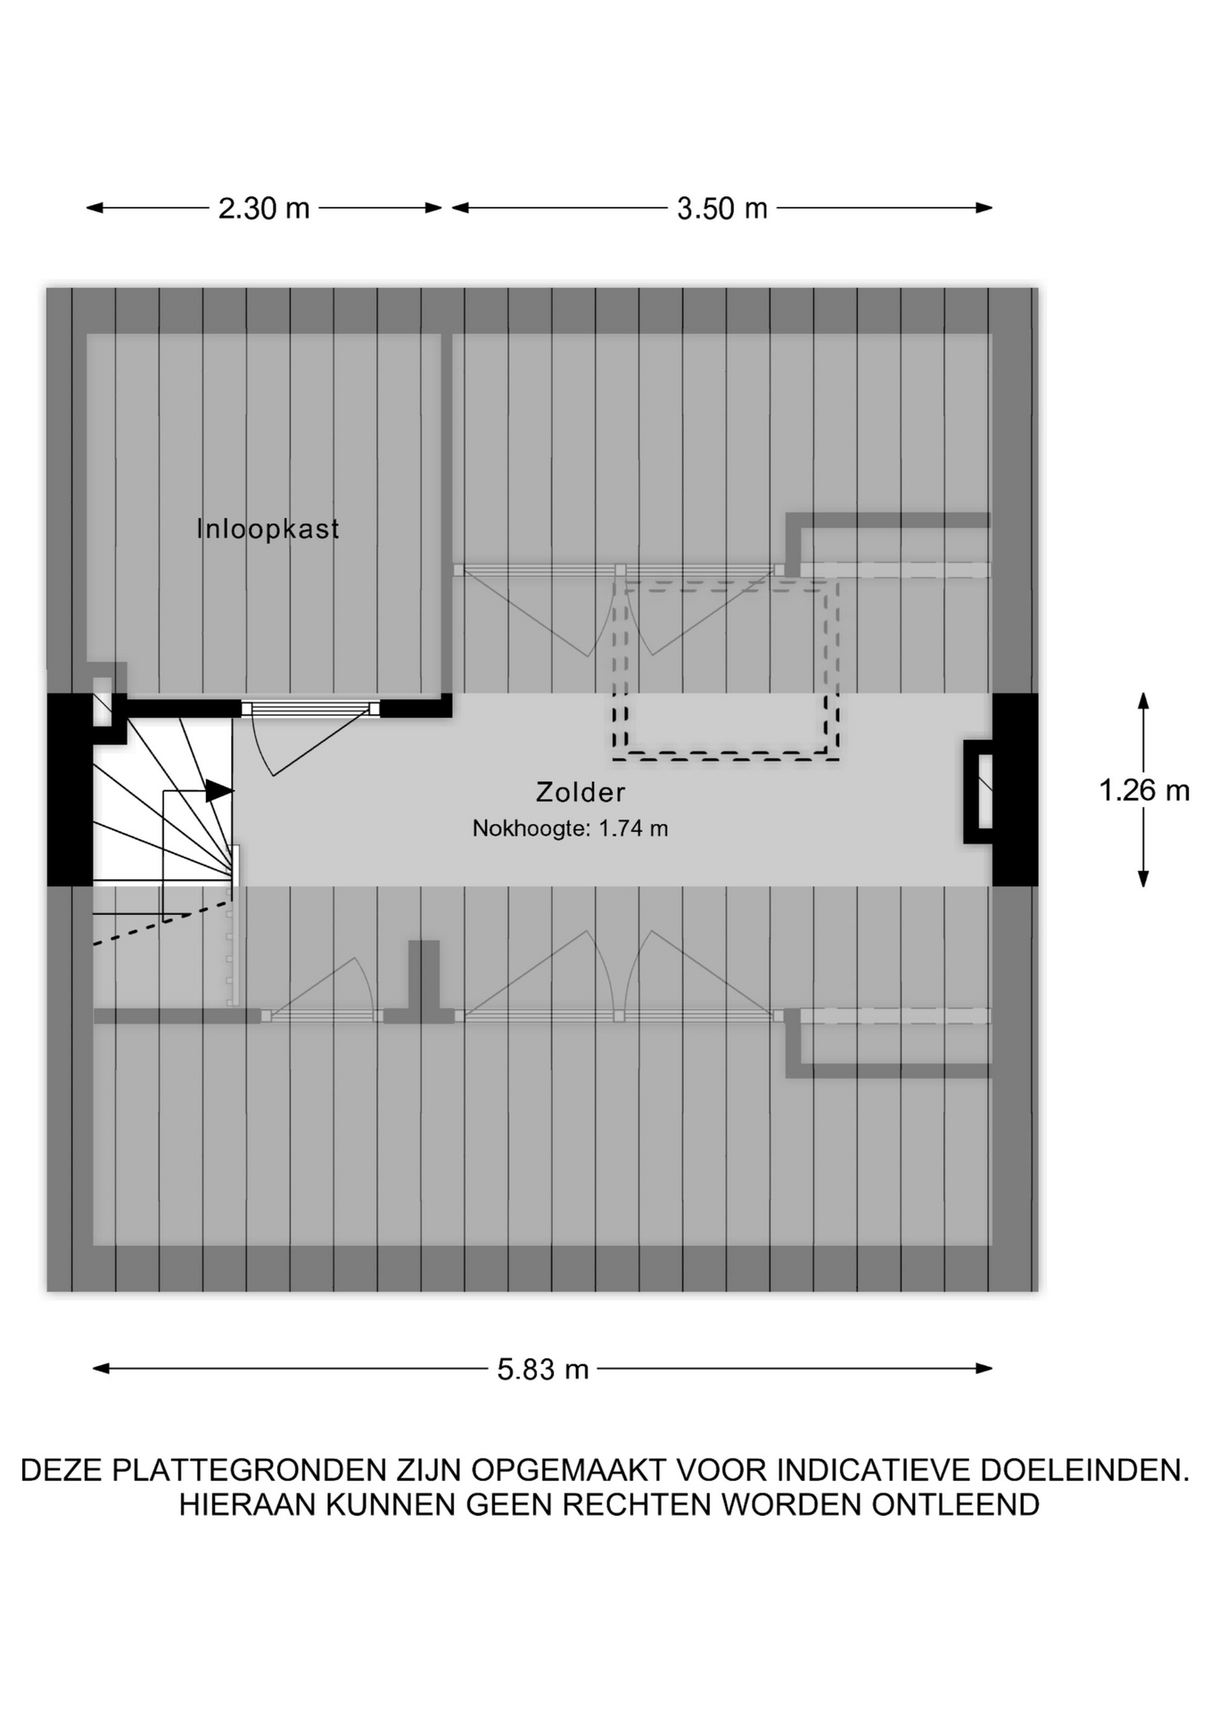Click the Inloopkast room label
(268, 529)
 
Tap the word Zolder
(581, 792)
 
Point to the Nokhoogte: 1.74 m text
(570, 828)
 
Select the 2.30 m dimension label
(264, 209)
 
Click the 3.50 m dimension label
(722, 209)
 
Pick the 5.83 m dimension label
(543, 1369)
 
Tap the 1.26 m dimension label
(1144, 790)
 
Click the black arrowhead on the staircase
(219, 791)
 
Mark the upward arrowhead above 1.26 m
(1143, 701)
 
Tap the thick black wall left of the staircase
(70, 790)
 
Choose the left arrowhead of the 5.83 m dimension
(102, 1369)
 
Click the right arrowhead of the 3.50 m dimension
(984, 209)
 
